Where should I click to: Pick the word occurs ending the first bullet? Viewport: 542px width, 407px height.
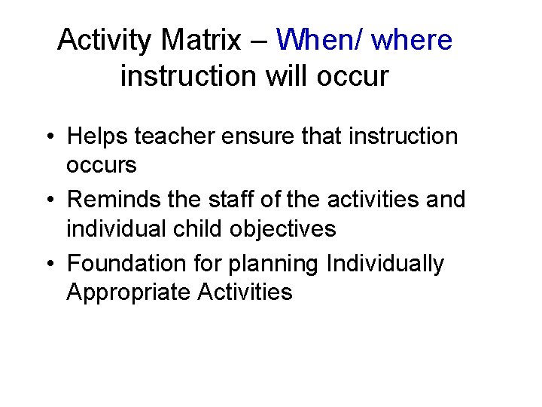(102, 165)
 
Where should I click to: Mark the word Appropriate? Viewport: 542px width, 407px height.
(129, 292)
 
